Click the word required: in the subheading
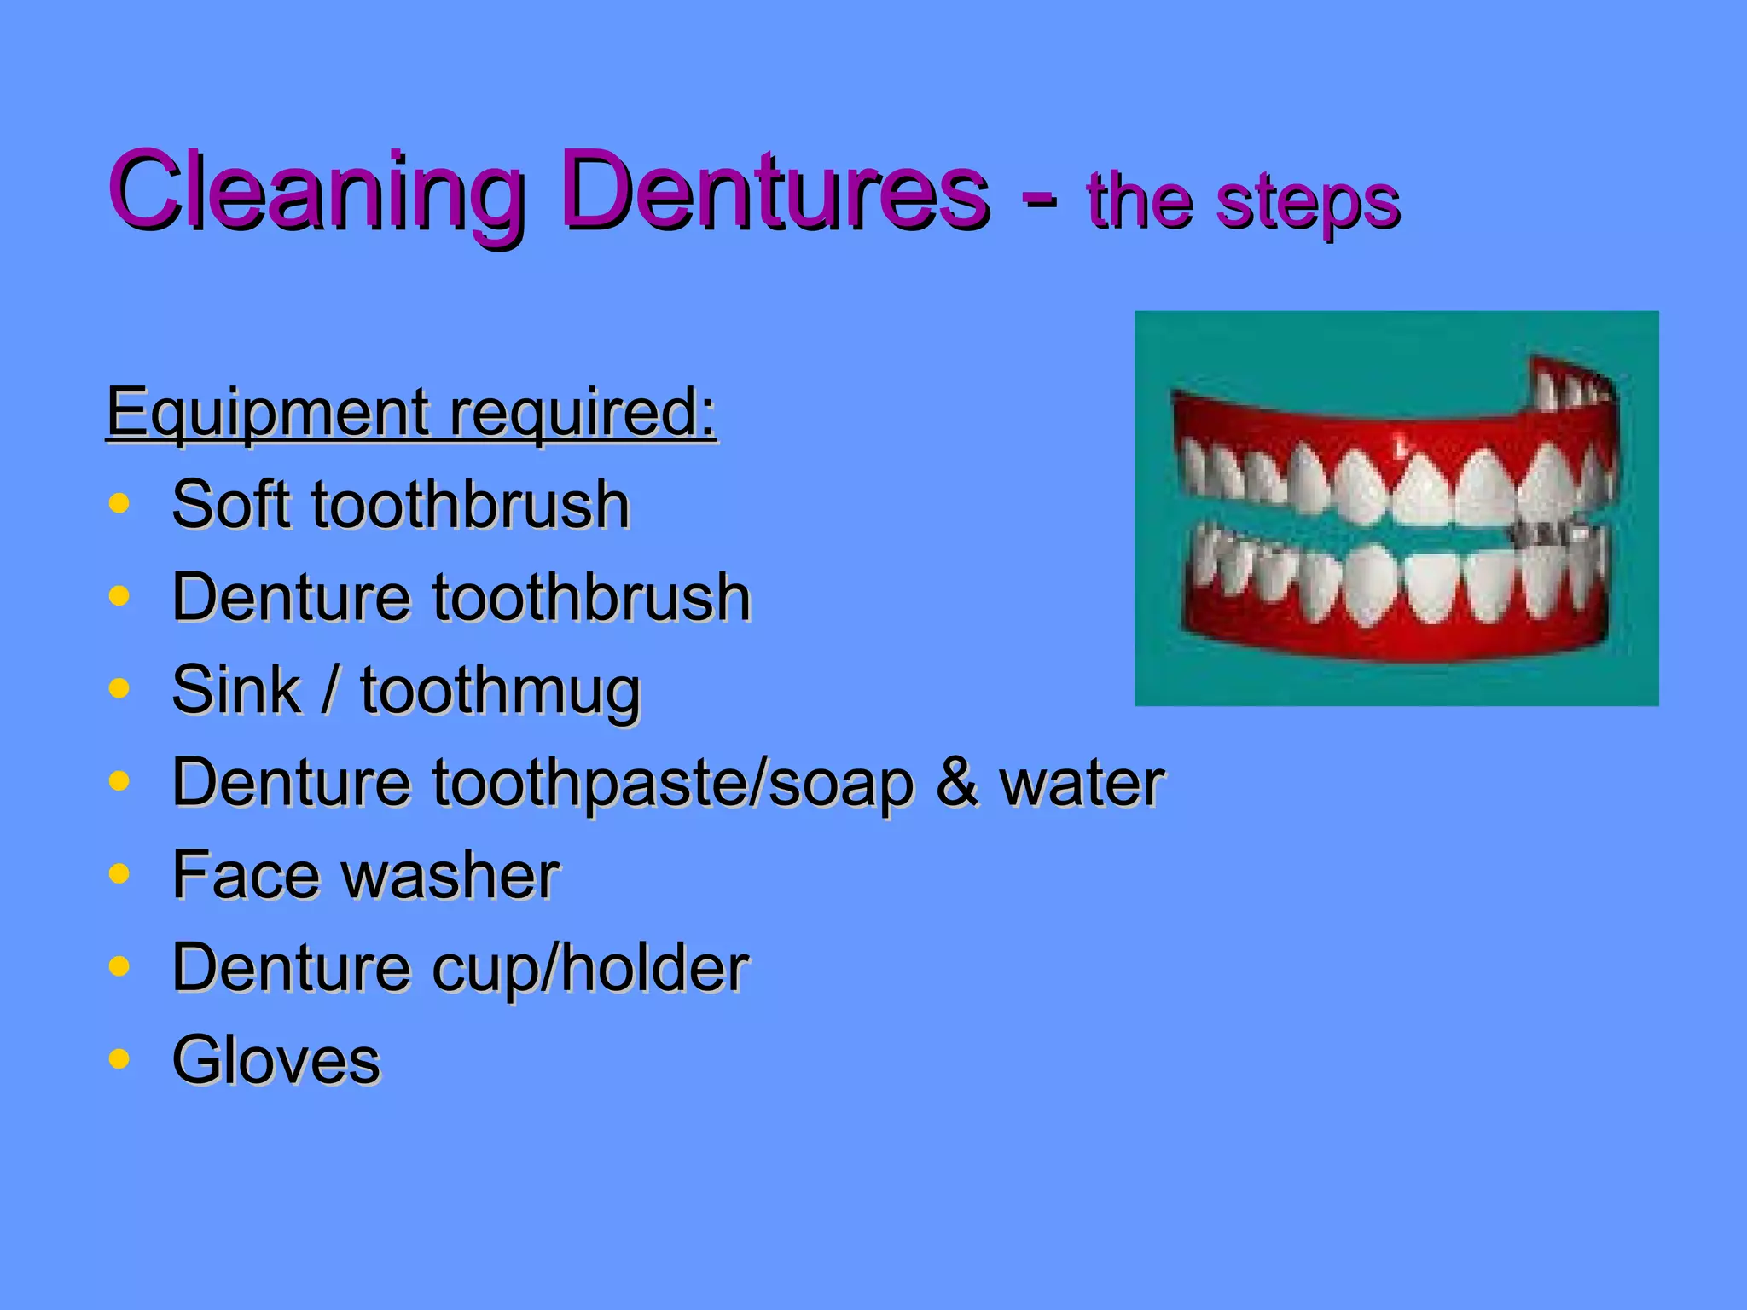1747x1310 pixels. point(583,414)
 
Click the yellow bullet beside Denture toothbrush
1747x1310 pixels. point(119,596)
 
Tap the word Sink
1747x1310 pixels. point(236,689)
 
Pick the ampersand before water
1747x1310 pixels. point(956,782)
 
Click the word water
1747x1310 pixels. point(1082,784)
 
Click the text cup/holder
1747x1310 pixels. point(590,971)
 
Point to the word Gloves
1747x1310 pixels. point(276,1061)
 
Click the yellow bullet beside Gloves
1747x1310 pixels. point(119,1059)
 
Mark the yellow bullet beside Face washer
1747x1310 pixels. point(119,874)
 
